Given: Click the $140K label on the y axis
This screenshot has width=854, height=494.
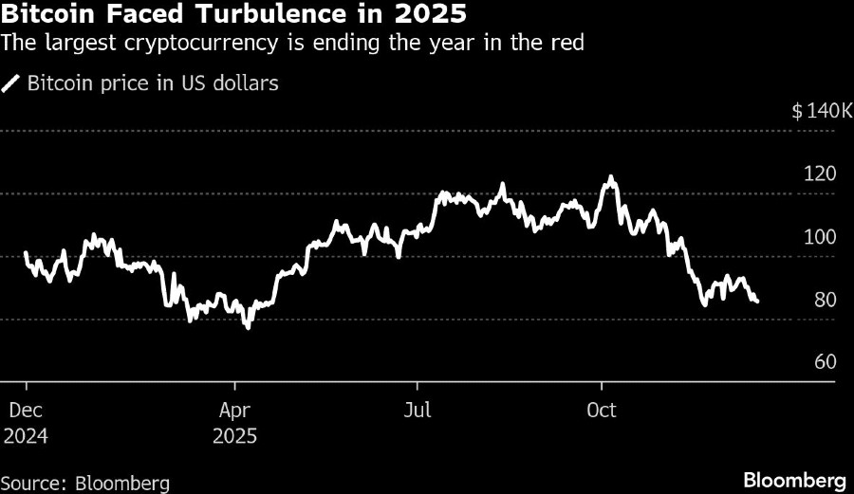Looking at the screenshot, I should coord(822,111).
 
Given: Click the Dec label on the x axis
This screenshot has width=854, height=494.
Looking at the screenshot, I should coord(26,411).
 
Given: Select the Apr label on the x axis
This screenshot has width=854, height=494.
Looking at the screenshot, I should coord(235,411).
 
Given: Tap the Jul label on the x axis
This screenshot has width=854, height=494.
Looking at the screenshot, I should coord(417,411).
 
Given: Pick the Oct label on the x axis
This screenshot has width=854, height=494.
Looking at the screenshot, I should coord(602,411).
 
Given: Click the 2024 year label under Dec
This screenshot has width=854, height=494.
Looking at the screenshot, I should coord(28,437).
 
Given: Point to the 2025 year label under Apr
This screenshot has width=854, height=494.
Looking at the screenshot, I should coord(236,437).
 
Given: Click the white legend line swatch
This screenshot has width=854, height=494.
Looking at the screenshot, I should coord(11,83).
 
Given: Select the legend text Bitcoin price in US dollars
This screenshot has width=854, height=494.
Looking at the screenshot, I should coord(153,83).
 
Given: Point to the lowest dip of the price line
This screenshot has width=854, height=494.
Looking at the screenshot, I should coord(248,327).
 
